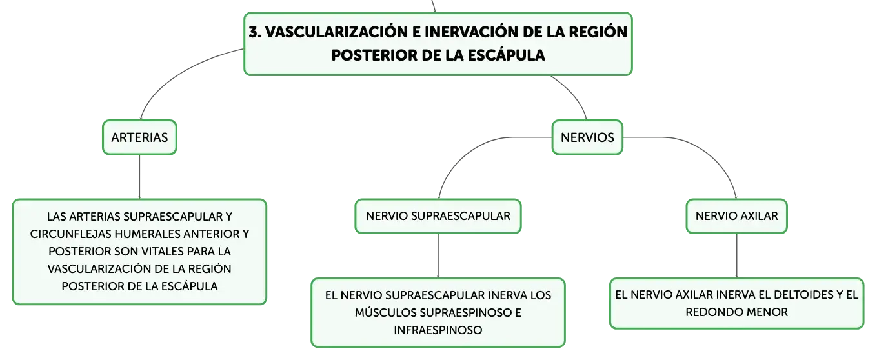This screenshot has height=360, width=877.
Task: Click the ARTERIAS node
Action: coord(139,137)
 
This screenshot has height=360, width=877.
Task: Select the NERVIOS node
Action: coord(587,137)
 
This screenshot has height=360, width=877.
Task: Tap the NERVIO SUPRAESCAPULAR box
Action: coord(438,216)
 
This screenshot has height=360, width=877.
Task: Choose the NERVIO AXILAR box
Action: coord(736,216)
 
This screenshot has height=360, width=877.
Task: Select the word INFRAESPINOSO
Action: coord(438,330)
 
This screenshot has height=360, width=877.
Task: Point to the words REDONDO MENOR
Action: coord(736,312)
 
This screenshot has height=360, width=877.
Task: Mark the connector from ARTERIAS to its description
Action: coord(139,177)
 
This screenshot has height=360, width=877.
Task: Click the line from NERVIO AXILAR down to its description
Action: coord(736,256)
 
